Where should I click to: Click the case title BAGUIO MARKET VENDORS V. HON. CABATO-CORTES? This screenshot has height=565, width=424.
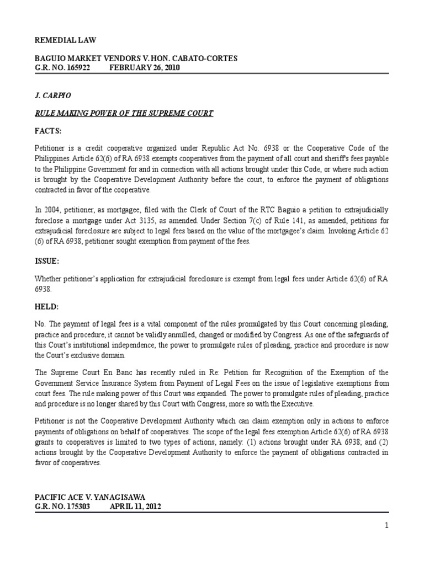tap(136, 58)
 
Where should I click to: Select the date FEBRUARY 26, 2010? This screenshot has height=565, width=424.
tap(144, 67)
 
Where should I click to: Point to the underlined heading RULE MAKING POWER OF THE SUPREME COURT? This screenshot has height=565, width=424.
tap(124, 113)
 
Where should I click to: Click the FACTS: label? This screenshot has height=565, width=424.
tap(49, 132)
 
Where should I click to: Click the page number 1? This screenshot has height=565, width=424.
tap(386, 525)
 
